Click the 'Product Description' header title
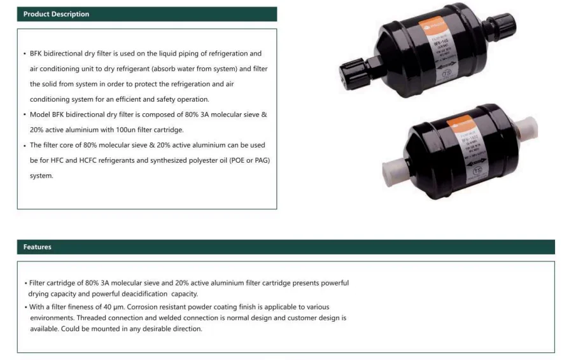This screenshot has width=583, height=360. pyautogui.click(x=56, y=14)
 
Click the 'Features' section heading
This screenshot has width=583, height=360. pyautogui.click(x=38, y=247)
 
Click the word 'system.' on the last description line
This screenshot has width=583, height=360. pyautogui.click(x=41, y=176)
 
